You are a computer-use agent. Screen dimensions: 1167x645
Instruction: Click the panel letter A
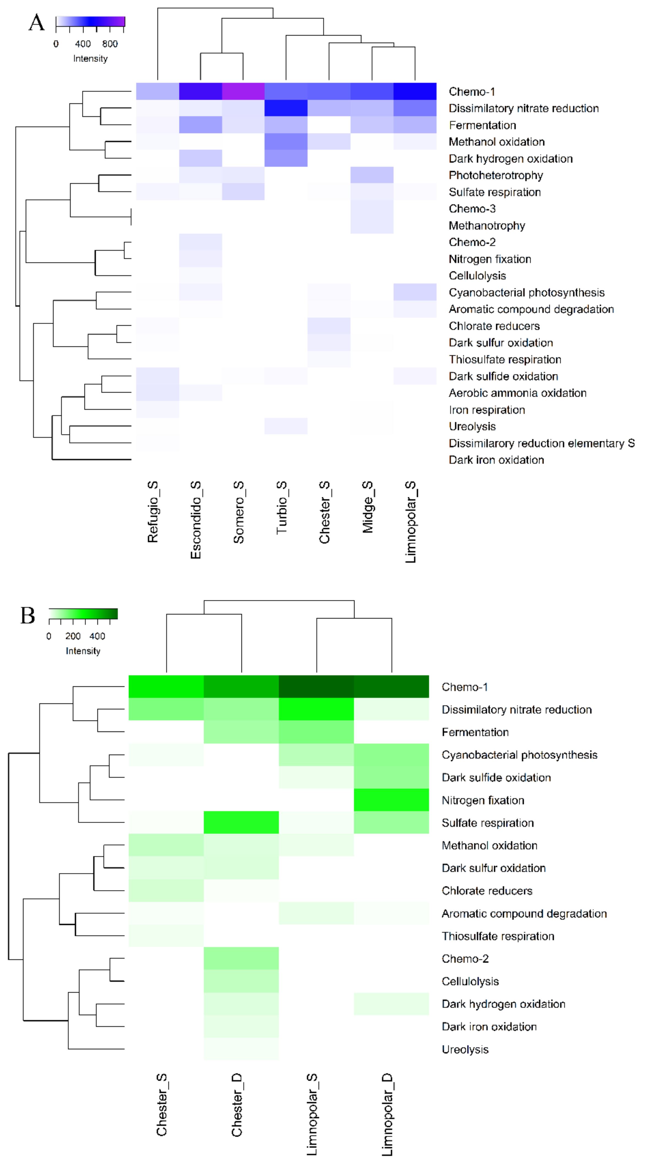37,23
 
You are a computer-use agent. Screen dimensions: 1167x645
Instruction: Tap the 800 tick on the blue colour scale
110,44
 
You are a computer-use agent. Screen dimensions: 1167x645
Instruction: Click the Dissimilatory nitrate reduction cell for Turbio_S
286,108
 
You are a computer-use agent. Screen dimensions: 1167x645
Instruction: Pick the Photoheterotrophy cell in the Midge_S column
372,175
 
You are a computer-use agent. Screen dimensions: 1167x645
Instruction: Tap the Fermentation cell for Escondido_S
200,125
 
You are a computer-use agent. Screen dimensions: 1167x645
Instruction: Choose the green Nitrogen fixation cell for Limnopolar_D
391,800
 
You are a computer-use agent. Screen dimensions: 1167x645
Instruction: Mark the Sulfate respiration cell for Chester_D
241,822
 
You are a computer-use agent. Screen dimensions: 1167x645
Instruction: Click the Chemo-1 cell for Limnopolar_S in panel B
316,686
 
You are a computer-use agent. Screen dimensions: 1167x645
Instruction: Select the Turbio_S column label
281,507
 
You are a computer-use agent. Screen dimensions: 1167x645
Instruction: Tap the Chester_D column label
237,1105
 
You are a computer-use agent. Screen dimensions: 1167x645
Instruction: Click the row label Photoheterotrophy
495,175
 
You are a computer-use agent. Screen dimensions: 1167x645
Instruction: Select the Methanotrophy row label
486,226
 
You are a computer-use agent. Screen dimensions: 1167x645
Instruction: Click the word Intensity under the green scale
83,651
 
